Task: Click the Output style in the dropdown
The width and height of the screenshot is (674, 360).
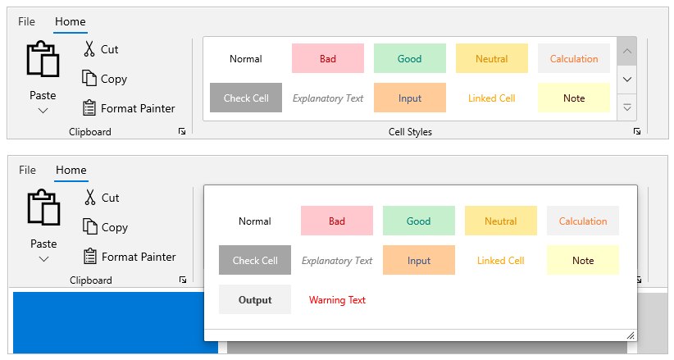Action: pos(255,299)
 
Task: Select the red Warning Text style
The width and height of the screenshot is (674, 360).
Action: pos(337,300)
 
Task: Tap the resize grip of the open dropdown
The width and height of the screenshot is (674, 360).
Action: pos(631,335)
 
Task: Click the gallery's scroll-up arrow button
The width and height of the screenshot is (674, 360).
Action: pos(627,51)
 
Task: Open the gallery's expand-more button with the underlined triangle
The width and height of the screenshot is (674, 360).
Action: pos(627,107)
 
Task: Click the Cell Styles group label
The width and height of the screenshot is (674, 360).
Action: pos(410,131)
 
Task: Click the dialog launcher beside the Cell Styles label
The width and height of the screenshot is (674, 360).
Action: pos(637,131)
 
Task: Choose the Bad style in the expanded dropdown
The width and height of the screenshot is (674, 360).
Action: pos(337,221)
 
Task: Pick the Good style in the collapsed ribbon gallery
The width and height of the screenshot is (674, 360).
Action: pos(410,58)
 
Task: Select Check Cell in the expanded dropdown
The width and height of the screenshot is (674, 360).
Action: pos(255,260)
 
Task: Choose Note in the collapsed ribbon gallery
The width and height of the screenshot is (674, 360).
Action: pos(574,98)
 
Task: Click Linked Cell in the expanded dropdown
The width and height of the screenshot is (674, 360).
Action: pos(501,260)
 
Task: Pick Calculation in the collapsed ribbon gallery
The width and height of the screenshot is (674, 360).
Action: pos(574,58)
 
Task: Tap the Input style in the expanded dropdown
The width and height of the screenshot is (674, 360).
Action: pos(419,260)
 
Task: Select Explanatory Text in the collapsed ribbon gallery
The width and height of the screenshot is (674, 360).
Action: pos(328,98)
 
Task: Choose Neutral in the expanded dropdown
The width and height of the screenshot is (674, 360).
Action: pos(501,221)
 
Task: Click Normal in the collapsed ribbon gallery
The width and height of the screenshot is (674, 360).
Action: pos(246,58)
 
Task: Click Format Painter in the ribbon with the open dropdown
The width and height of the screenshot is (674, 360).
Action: pos(130,257)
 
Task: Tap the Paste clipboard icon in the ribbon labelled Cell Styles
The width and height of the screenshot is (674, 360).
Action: pos(43,59)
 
